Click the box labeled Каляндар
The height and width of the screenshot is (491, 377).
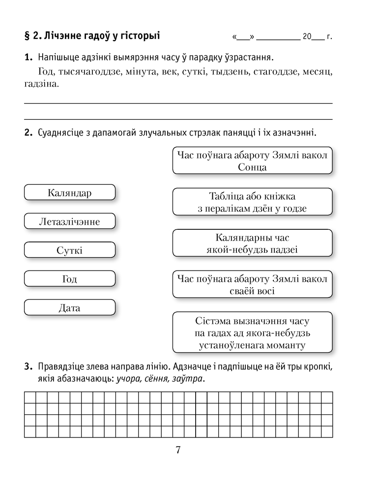(x=69, y=192)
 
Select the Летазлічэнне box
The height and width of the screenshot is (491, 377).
(x=69, y=221)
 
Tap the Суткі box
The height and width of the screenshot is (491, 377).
(x=69, y=250)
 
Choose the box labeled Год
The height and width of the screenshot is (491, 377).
(x=69, y=279)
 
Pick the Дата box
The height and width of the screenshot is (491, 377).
(x=69, y=308)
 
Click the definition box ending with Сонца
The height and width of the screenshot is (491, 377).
(x=252, y=161)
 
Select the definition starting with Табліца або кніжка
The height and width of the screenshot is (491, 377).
(x=252, y=202)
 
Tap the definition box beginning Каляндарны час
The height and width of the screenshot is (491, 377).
(x=252, y=244)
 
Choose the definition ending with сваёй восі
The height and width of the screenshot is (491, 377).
(x=252, y=285)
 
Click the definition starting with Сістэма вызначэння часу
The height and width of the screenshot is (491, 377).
(x=252, y=333)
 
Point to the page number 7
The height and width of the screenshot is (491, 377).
(x=178, y=450)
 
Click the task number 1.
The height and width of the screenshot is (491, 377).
(x=28, y=57)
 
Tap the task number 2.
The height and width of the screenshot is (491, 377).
(x=28, y=133)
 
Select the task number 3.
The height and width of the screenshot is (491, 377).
(x=28, y=367)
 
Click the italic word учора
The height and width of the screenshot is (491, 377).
(x=127, y=379)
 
